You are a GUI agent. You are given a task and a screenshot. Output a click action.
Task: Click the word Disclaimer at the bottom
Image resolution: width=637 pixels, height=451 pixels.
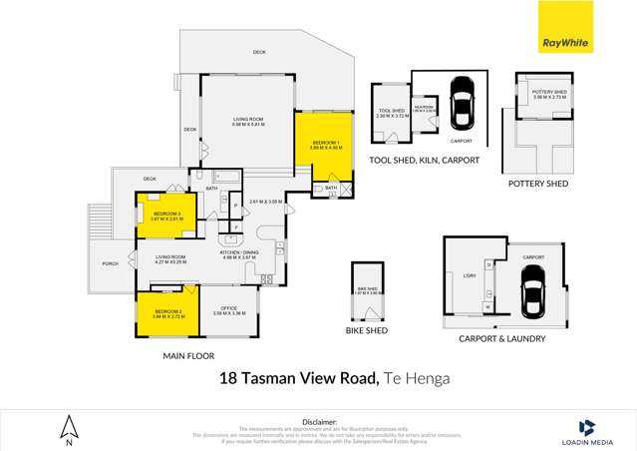tap(319, 421)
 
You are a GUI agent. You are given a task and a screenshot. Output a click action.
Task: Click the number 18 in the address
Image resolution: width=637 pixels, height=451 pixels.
tap(228, 378)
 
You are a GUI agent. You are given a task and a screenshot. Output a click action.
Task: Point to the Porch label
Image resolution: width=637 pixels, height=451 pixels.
tap(110, 264)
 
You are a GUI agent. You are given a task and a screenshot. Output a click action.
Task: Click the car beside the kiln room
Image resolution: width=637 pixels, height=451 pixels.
tap(462, 104)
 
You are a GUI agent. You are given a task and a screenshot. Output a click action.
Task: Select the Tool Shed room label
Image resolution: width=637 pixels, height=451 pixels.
tap(390, 113)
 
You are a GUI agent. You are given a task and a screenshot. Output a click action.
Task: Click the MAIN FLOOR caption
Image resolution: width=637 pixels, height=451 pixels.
tap(186, 355)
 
